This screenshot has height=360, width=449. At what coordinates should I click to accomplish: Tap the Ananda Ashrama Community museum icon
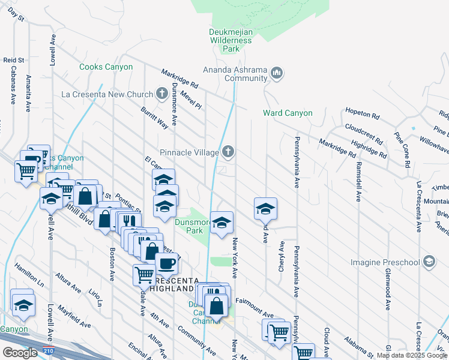tap(277, 73)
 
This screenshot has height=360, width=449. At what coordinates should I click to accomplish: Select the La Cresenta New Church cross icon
tap(161, 94)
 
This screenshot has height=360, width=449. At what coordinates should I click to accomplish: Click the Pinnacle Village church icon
tap(228, 152)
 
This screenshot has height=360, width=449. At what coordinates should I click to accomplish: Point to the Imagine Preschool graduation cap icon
tap(429, 262)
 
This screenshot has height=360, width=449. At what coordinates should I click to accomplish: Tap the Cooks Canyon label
tap(106, 67)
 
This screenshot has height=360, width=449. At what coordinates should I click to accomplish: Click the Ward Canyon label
tap(288, 113)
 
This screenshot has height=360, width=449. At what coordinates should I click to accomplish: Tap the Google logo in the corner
tap(20, 353)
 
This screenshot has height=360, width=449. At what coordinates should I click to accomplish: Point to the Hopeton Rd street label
tap(362, 113)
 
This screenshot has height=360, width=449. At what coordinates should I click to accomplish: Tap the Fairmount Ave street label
tap(254, 307)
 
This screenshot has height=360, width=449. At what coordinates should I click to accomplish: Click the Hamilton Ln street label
tap(29, 274)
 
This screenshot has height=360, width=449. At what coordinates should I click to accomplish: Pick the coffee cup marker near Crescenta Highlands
tap(166, 263)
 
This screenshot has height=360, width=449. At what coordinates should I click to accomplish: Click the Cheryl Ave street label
tap(281, 257)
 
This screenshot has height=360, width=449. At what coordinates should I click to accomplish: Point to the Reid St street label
tap(13, 60)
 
